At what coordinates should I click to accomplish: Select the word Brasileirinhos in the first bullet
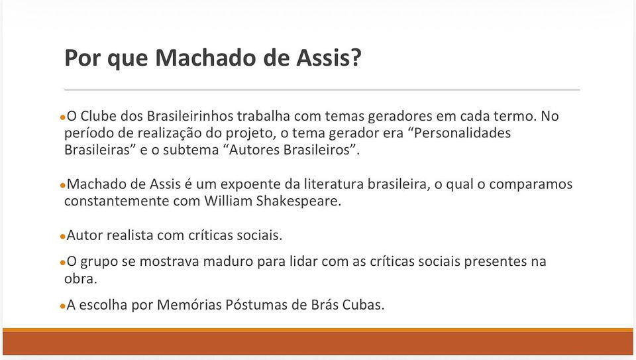(190, 116)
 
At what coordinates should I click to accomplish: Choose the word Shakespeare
(299, 202)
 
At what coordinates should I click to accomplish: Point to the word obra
(81, 279)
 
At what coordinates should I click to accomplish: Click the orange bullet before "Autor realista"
(62, 236)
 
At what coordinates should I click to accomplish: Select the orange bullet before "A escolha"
(62, 306)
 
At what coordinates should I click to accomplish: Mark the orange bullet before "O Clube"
(62, 117)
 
